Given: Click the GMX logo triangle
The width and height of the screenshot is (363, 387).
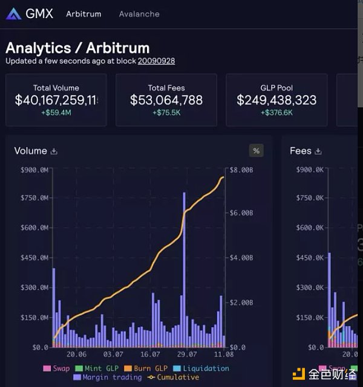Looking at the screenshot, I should pos(13,14).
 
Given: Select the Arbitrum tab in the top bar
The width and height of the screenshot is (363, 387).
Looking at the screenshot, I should pos(83,14).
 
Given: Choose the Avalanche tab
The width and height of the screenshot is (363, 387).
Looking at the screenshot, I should pos(139,14).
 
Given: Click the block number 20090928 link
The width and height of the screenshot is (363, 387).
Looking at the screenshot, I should pos(156,61).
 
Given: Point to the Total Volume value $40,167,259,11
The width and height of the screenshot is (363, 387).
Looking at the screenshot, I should pos(56,100).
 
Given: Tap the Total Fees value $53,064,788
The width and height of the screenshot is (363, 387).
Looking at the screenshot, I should pos(166,100).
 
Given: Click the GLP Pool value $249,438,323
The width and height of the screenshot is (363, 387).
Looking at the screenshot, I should pos(276,100).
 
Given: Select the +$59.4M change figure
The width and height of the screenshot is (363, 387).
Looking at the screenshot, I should pos(56,113).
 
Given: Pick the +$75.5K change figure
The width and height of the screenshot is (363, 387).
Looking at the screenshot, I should pos(166,113).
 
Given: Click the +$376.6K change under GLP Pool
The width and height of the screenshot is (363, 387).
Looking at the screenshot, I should pos(276,113).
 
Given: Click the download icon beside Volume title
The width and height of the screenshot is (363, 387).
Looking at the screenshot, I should pos(54,152).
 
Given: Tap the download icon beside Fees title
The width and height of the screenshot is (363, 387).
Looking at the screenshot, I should pos(318,152).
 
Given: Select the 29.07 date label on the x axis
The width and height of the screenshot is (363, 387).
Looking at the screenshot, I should pos(187,354).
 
